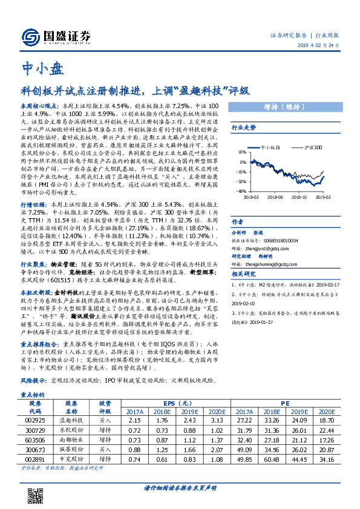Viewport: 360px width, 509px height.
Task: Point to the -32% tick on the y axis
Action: (241, 181)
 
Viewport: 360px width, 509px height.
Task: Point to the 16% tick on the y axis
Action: (242, 153)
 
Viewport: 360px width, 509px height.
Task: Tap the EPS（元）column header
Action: (173, 403)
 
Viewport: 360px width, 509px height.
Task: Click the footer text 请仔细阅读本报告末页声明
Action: (180, 487)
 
